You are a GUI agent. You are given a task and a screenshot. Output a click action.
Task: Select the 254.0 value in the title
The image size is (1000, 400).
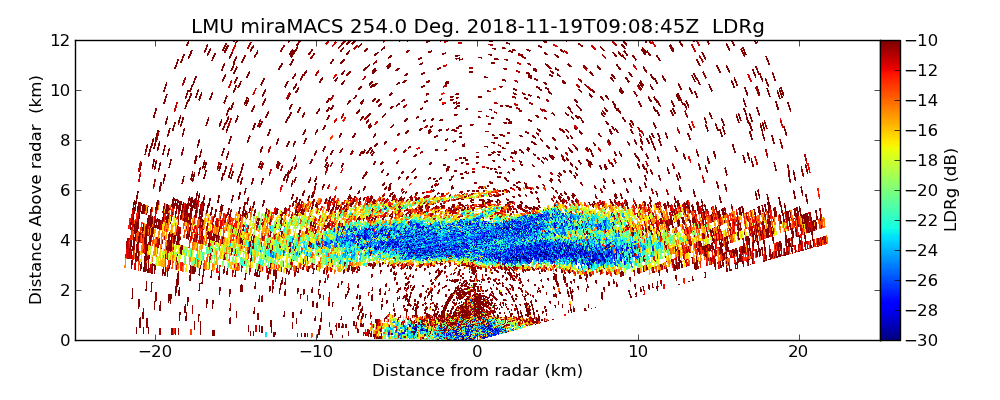tap(374, 27)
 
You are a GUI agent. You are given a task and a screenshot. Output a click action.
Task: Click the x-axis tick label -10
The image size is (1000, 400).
tap(315, 352)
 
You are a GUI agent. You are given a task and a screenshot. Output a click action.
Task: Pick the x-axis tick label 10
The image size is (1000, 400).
tap(638, 352)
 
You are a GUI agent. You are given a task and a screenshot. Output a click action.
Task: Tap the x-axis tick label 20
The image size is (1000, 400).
tap(798, 352)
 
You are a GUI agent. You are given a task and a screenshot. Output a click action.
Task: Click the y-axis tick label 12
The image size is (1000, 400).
tap(60, 40)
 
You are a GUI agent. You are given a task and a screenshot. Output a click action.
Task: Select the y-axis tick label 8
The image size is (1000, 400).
tap(64, 140)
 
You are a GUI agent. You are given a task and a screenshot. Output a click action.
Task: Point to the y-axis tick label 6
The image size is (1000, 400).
tap(64, 190)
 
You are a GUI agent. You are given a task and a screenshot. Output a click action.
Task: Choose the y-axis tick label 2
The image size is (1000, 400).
tap(64, 290)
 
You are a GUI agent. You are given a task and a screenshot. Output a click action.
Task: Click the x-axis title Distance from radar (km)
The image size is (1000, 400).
tap(477, 371)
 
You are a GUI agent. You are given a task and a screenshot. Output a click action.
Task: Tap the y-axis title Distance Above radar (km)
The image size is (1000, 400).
tap(37, 189)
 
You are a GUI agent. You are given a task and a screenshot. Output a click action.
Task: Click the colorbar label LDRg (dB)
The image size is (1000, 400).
tap(951, 189)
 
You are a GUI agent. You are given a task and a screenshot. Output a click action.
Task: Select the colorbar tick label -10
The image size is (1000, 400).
tap(922, 40)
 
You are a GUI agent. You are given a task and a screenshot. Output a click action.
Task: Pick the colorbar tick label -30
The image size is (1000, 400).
tap(922, 340)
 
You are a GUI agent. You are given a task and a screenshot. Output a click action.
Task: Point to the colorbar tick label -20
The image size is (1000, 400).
tap(922, 190)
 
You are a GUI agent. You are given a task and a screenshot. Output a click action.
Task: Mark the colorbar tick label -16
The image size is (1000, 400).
tap(922, 130)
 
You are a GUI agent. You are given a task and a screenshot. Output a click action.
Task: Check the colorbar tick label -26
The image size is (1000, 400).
tap(922, 280)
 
